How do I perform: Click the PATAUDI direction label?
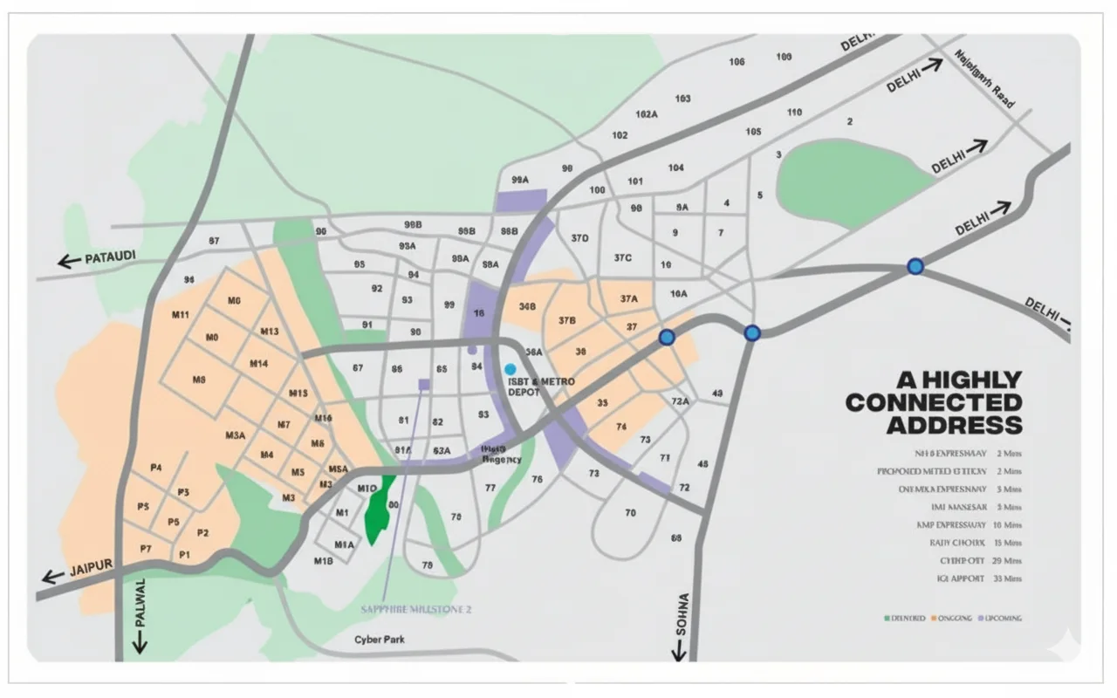pyautogui.click(x=110, y=259)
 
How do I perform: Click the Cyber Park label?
pyautogui.click(x=380, y=640)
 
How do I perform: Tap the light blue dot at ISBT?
pyautogui.click(x=511, y=370)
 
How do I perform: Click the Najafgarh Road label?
pyautogui.click(x=985, y=79)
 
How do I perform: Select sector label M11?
pyautogui.click(x=180, y=314)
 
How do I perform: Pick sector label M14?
pyautogui.click(x=258, y=363)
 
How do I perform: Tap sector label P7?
pyautogui.click(x=146, y=548)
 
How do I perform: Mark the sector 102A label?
pyautogui.click(x=647, y=114)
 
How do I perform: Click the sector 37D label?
pyautogui.click(x=579, y=237)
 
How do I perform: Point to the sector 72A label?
pyautogui.click(x=681, y=401)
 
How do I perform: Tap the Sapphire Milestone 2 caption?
pyautogui.click(x=415, y=609)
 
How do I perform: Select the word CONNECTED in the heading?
pyautogui.click(x=933, y=402)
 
